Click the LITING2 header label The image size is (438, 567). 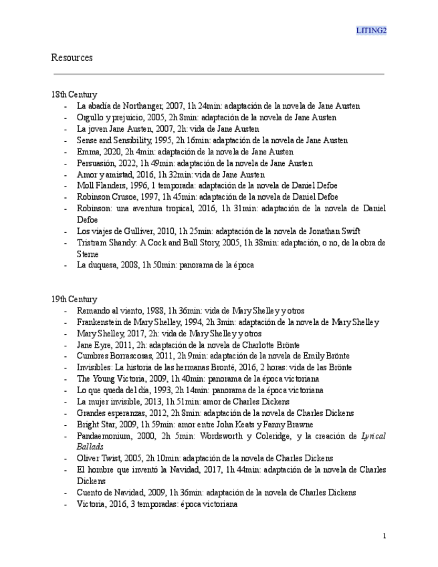(371, 31)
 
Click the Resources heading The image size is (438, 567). (72, 58)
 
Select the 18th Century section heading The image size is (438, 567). (74, 95)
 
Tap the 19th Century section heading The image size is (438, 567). (74, 300)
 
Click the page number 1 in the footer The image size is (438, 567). (385, 536)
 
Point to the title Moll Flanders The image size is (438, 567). (101, 185)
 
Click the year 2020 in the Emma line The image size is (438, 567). (110, 151)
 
